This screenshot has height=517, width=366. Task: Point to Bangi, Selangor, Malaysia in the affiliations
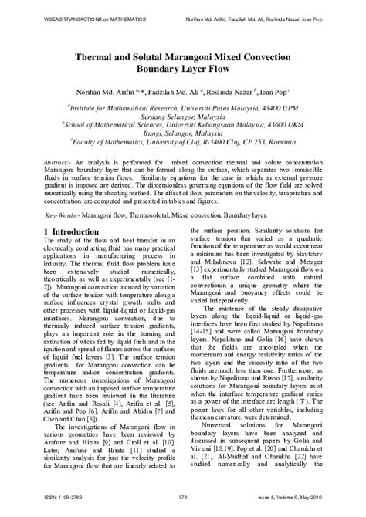click(183, 132)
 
